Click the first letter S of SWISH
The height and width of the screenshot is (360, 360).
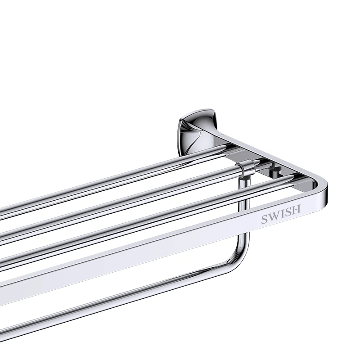265,220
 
